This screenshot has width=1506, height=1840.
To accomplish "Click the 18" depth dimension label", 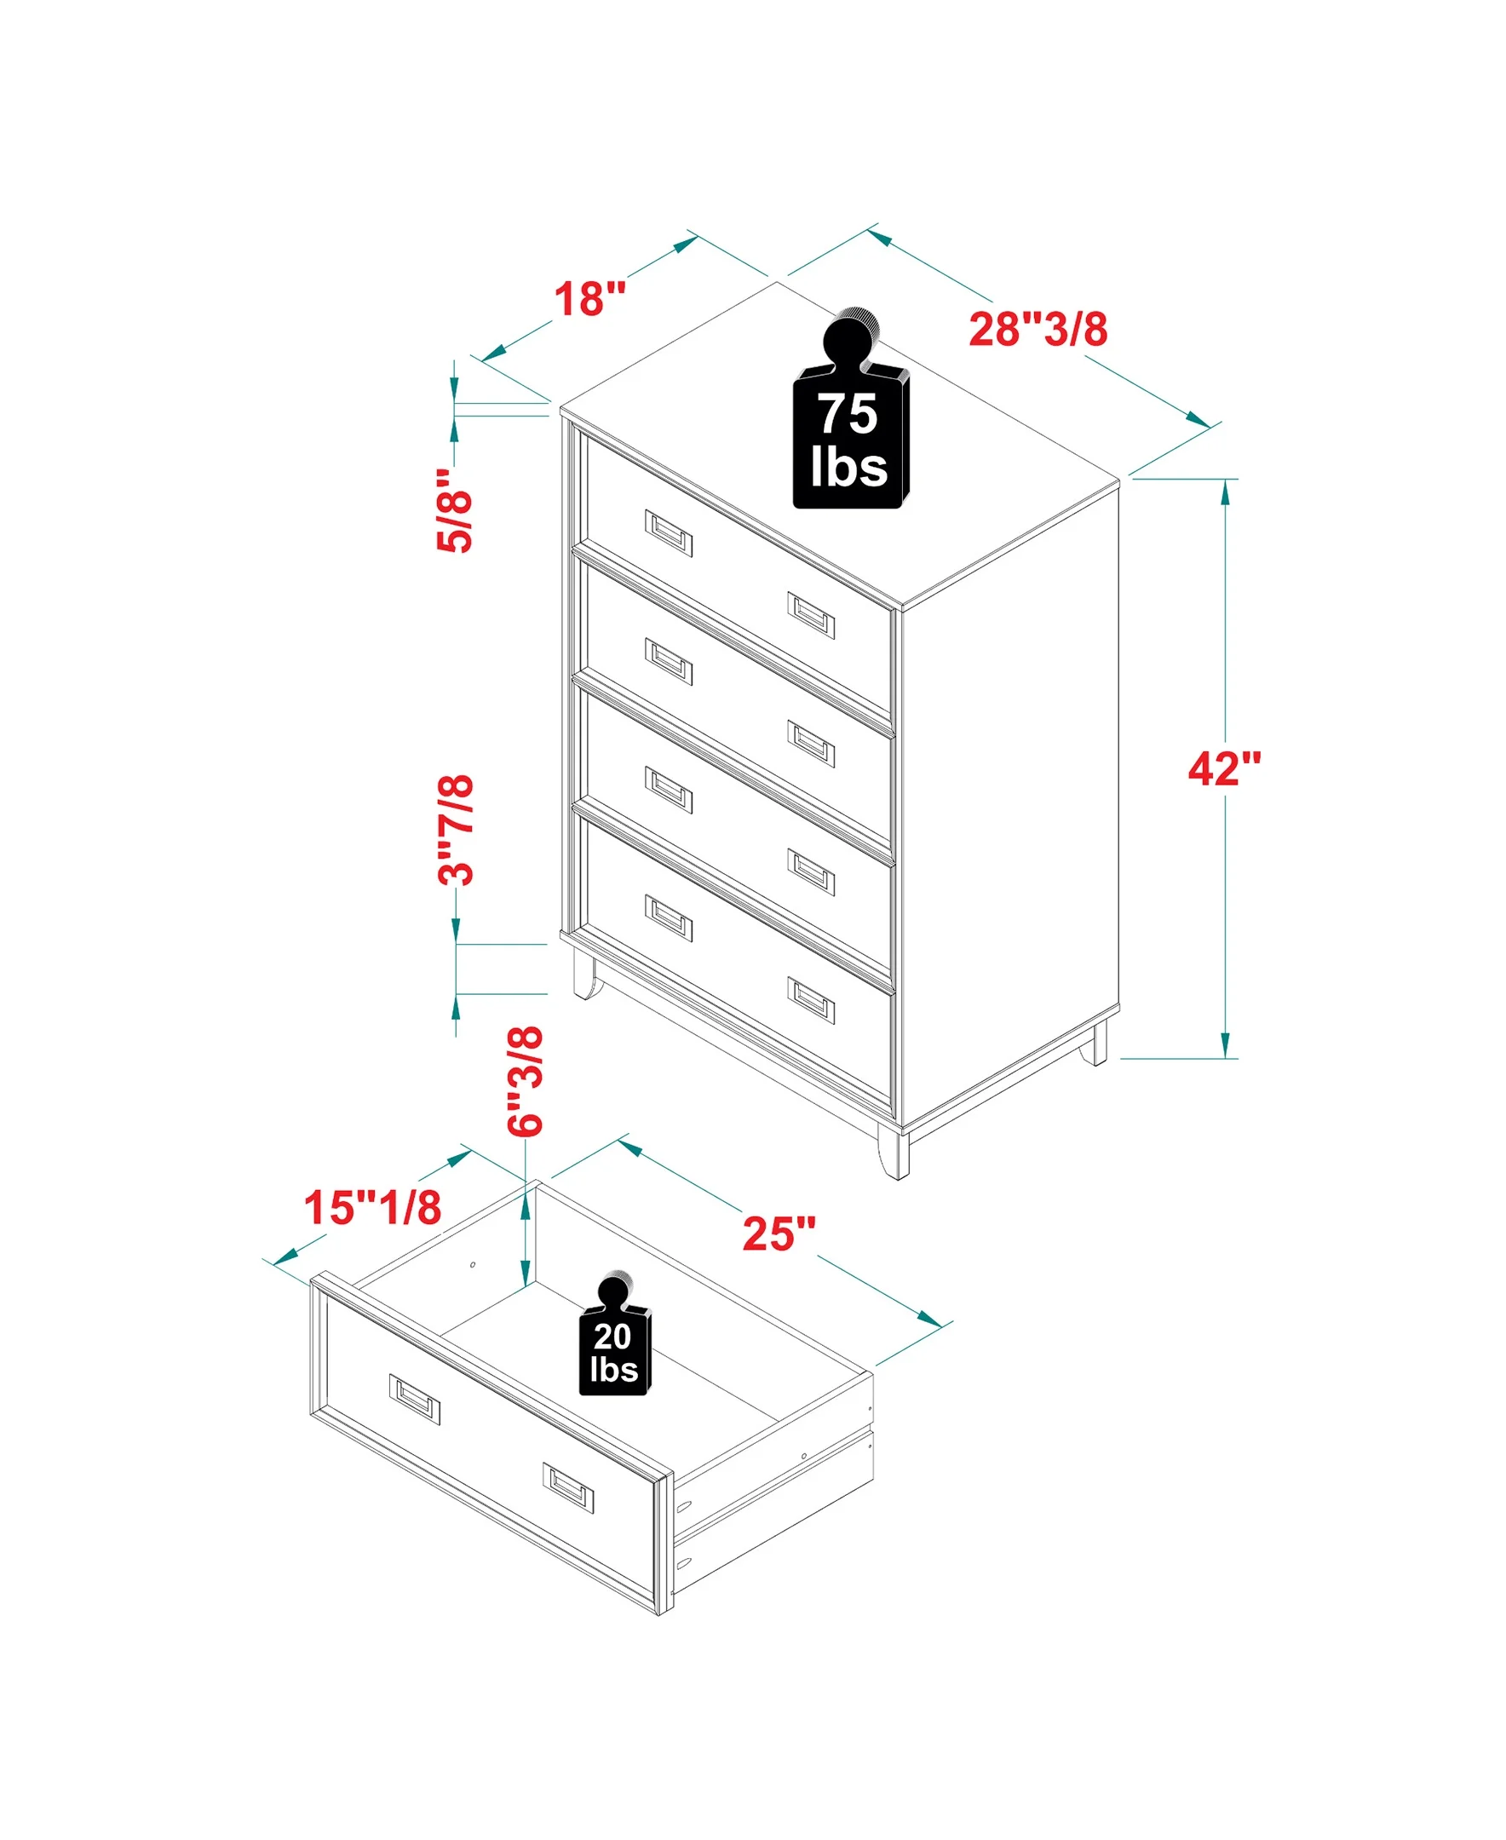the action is [x=590, y=298].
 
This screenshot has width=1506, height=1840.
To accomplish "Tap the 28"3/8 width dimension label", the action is [x=1038, y=329].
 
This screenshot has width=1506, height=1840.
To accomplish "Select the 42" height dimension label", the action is [x=1224, y=768].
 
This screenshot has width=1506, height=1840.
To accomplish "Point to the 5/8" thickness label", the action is [x=455, y=510].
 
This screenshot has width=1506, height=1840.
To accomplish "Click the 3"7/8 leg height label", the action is [x=456, y=830].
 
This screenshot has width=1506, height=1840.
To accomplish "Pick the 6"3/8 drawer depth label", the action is [x=526, y=1081].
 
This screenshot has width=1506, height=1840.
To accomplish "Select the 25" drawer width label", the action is [x=779, y=1233].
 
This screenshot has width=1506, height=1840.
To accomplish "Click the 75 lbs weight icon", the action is [x=851, y=408].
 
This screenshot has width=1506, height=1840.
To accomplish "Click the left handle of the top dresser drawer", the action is [x=669, y=532].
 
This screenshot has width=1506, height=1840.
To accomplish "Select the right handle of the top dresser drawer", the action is [x=811, y=615].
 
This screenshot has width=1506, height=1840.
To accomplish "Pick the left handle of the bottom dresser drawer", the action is [x=669, y=917].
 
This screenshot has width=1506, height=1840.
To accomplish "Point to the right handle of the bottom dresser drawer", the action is [x=811, y=1000].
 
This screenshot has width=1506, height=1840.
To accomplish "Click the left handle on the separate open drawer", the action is [x=415, y=1400].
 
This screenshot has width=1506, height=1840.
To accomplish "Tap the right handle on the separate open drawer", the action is [x=568, y=1488].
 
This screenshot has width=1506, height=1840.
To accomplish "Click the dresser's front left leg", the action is [x=586, y=976].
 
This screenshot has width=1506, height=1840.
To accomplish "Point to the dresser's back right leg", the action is [x=1099, y=1044].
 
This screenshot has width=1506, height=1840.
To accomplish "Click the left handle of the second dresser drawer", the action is [x=669, y=661].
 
